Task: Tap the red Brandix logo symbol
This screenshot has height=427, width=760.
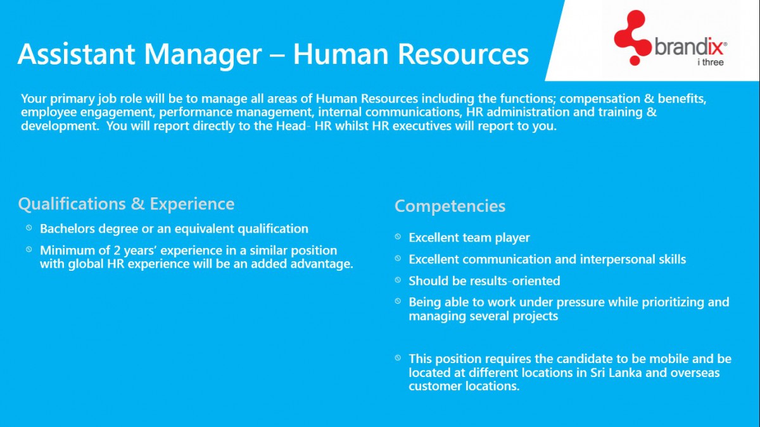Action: [631, 37]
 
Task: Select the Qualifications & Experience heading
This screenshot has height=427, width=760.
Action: [126, 204]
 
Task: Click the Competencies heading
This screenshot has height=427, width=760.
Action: [450, 206]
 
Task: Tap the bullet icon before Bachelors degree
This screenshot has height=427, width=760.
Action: [28, 228]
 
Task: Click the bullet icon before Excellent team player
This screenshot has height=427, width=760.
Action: [398, 237]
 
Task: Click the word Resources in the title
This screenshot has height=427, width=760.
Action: [463, 54]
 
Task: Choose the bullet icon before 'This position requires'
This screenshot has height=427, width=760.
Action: [398, 357]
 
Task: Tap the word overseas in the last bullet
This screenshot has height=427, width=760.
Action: [695, 373]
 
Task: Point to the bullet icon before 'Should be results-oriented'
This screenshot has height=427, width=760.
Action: [398, 280]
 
